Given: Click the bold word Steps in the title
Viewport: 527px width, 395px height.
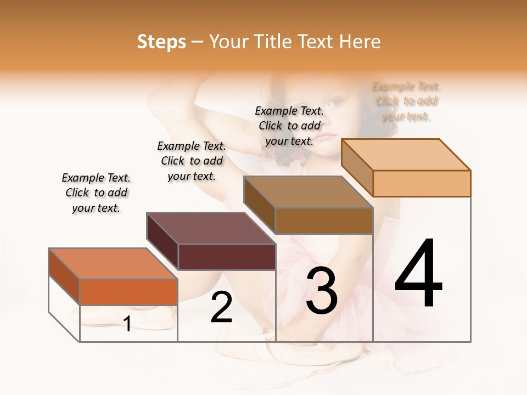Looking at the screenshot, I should (x=161, y=42).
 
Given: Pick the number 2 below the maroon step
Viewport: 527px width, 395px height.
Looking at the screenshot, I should (x=222, y=307).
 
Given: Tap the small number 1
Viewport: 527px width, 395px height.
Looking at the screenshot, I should (x=127, y=324).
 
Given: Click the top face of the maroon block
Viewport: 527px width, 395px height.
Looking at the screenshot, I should (x=211, y=228).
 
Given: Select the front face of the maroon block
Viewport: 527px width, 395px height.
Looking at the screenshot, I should (x=227, y=257).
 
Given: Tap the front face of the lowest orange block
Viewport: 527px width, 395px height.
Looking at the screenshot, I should (x=128, y=292).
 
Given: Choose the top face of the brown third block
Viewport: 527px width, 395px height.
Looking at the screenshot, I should (x=309, y=192).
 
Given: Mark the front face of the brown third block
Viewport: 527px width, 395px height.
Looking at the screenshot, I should (x=324, y=221).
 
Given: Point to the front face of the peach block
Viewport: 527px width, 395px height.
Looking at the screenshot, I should (x=422, y=183).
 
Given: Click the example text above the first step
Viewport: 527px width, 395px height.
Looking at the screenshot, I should (x=96, y=193).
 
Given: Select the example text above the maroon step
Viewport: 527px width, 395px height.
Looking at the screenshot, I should (x=192, y=161).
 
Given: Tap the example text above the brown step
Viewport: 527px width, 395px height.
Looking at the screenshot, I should (x=289, y=126).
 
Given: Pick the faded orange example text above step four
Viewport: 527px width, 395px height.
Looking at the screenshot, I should (x=406, y=101).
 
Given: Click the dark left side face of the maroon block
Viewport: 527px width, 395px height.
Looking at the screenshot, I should (x=162, y=241).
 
